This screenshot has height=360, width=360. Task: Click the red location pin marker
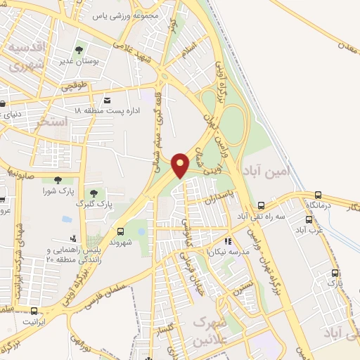point(181,165)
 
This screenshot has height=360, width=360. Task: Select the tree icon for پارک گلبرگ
point(93,193)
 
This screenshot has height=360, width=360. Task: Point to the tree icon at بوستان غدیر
point(79,50)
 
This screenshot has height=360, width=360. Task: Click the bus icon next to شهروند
point(120,230)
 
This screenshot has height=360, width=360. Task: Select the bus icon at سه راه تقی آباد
point(261,205)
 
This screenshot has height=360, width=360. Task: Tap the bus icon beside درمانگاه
point(318,195)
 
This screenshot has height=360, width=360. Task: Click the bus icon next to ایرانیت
point(34,311)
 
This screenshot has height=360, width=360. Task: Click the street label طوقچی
point(74,87)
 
